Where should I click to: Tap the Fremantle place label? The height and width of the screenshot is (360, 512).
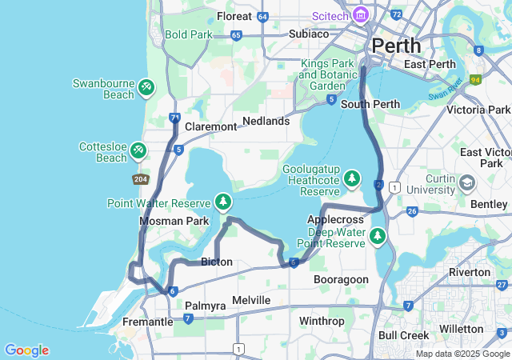click(x=147, y=322)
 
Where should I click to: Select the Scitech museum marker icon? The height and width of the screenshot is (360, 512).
click(x=360, y=15)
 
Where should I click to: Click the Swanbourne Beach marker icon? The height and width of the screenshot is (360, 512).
click(x=146, y=86)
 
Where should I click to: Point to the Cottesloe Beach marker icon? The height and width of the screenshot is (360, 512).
click(x=138, y=150)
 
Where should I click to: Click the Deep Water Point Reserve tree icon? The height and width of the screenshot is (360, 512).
click(x=378, y=236)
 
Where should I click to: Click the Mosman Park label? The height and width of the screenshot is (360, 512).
click(x=174, y=221)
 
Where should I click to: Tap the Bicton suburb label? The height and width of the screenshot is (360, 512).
click(x=217, y=262)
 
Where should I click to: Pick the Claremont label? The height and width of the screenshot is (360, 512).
click(x=211, y=126)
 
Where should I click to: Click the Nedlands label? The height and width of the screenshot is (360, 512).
click(x=266, y=121)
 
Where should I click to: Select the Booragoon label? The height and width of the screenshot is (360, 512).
click(x=341, y=279)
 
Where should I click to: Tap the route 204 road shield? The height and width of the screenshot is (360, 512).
click(x=140, y=179)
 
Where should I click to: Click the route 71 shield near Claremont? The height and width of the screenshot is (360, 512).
click(x=175, y=118)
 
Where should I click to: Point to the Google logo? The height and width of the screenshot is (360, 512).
click(x=26, y=350)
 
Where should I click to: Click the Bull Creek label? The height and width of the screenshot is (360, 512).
click(x=403, y=334)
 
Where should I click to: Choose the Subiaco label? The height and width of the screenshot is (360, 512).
click(x=308, y=34)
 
